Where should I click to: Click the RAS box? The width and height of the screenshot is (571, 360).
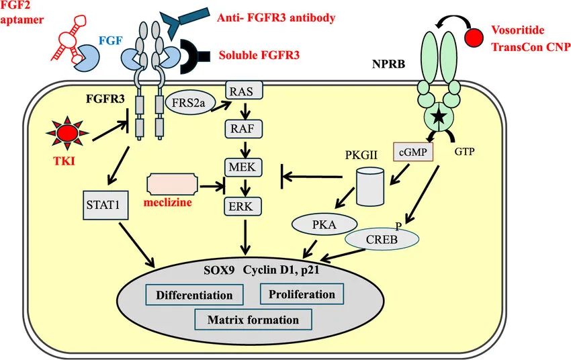[x=243, y=91]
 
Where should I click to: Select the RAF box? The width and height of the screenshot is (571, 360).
[x=243, y=128]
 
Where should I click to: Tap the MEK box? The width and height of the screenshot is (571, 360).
[x=243, y=166]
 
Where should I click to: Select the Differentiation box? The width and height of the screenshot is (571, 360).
[x=194, y=295]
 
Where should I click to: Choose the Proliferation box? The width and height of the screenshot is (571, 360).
[x=301, y=294]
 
